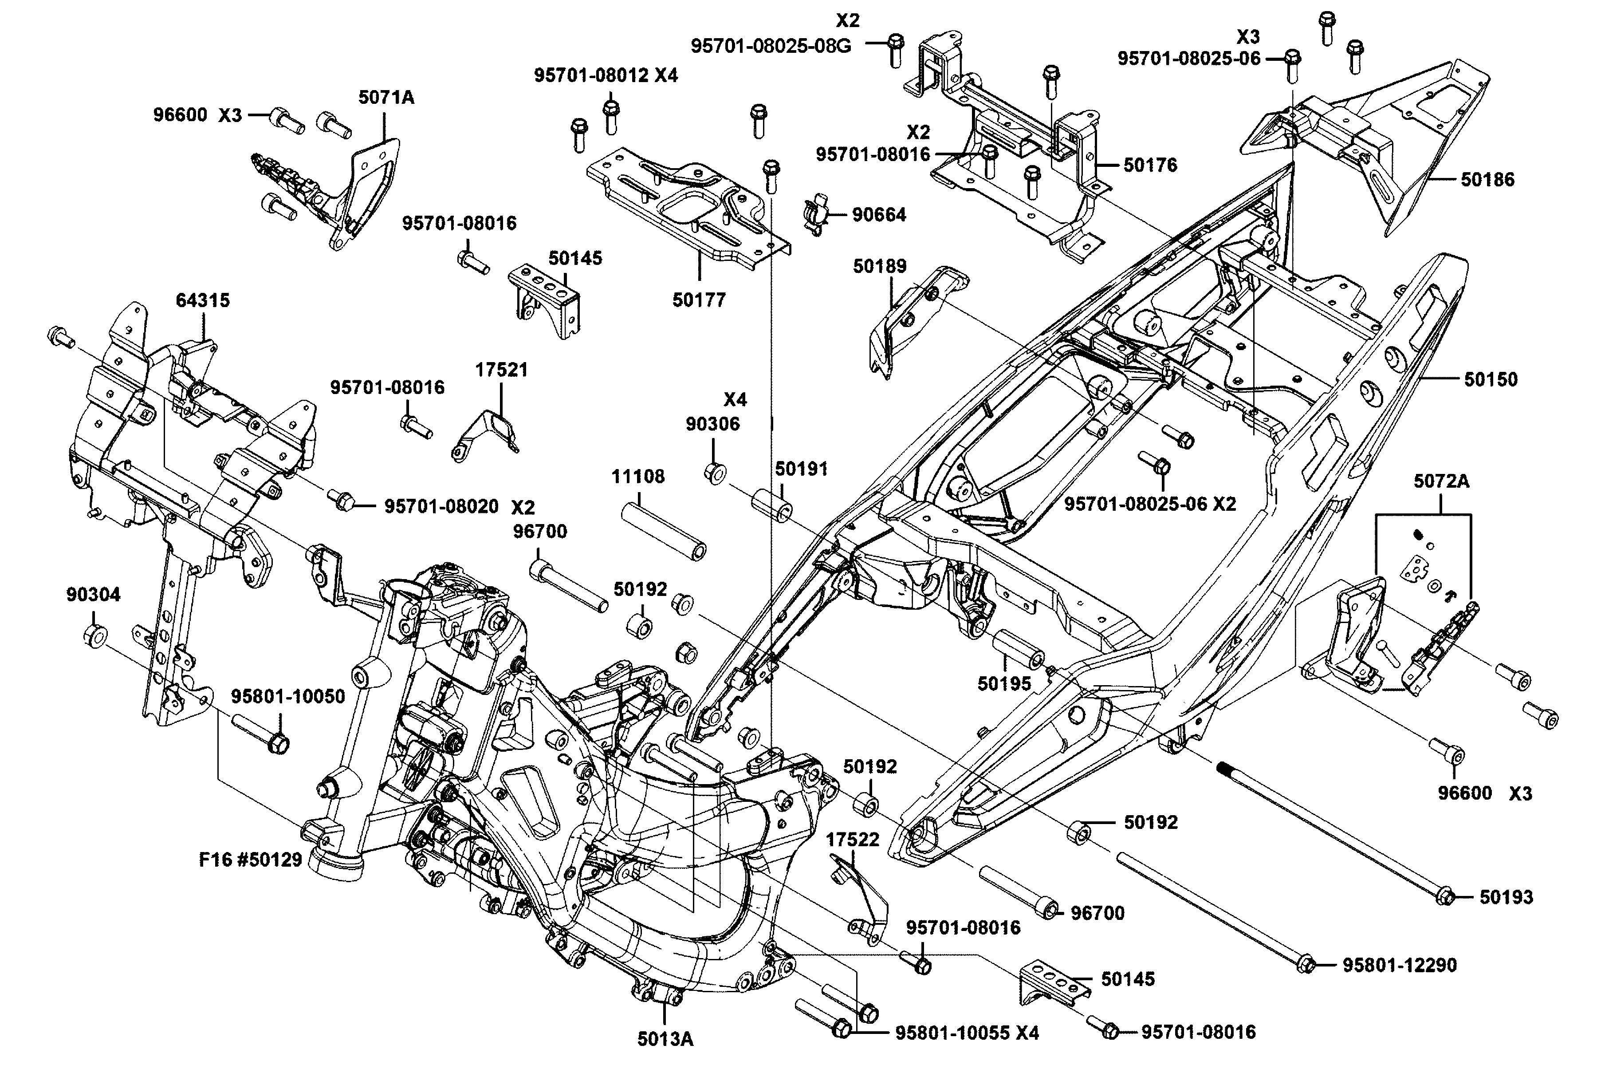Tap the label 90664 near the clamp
point(879,215)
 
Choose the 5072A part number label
point(1441,481)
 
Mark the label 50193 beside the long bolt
point(1506,897)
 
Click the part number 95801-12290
point(1400,965)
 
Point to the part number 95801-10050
point(288,696)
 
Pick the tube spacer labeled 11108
point(663,530)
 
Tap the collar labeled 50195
point(1019,651)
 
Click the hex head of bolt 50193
point(1445,896)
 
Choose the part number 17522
point(852,840)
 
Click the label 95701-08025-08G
point(771,46)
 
